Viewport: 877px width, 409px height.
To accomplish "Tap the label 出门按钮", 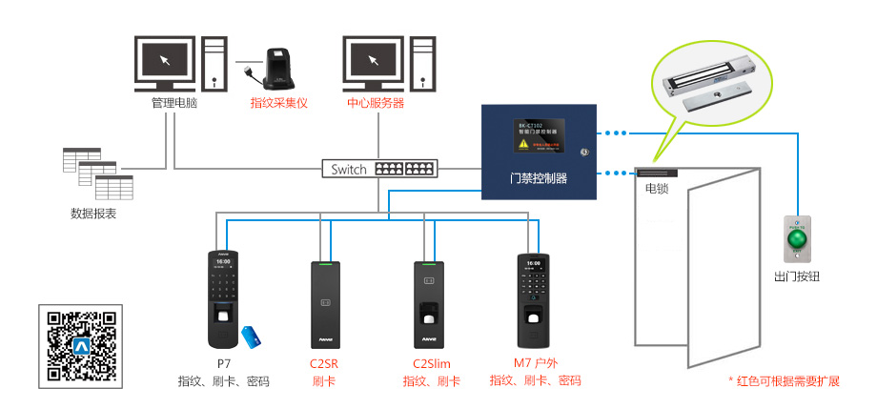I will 797,276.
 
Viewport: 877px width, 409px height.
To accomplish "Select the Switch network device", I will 378,169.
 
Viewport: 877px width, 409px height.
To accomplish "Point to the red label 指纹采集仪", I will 279,102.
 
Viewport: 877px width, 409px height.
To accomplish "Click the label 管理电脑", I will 174,102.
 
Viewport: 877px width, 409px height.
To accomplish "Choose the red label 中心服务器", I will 376,102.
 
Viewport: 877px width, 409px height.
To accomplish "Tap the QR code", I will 81,346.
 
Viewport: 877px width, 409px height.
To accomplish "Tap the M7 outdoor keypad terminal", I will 534,300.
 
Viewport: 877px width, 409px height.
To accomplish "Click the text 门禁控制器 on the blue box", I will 539,178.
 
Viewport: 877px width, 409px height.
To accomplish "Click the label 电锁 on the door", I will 657,189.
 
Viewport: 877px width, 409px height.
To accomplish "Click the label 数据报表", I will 94,213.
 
